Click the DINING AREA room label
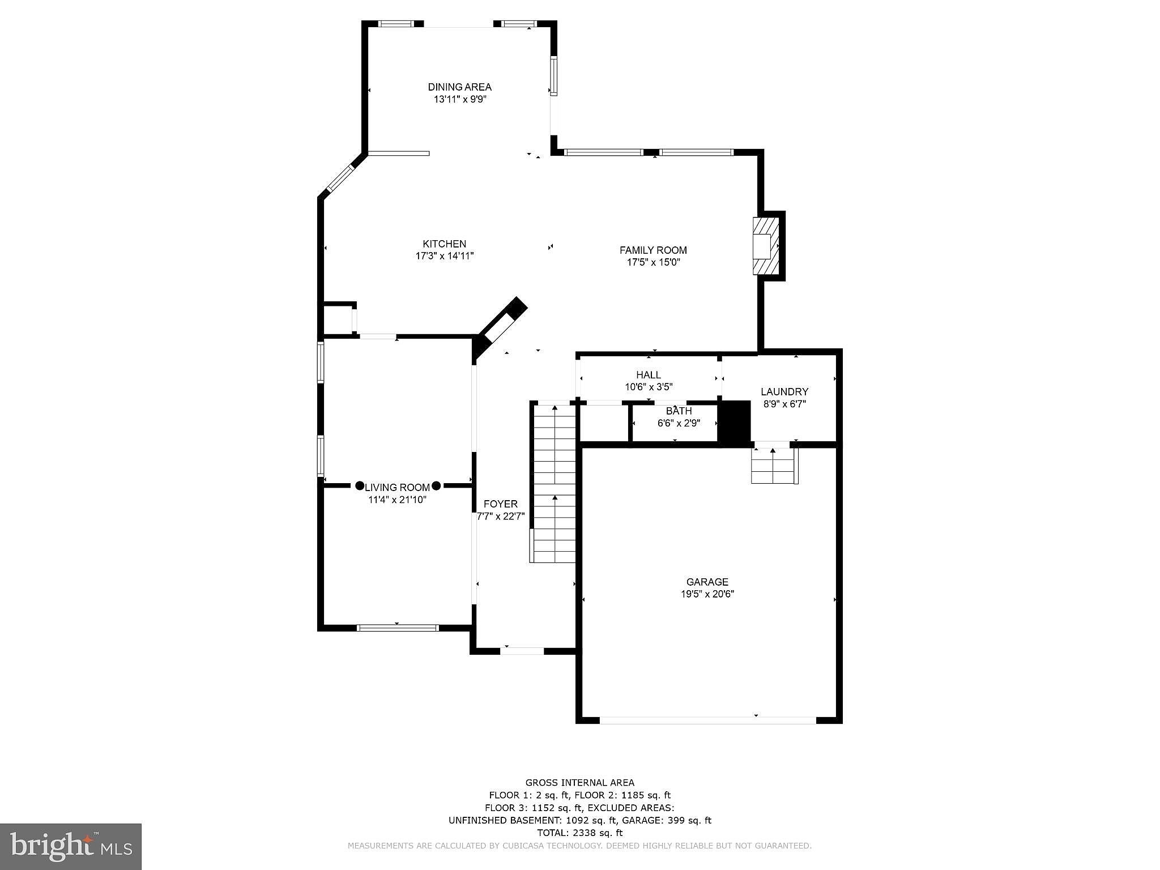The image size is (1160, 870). [459, 87]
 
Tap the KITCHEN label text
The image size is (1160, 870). [445, 244]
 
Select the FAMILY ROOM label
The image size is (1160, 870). [653, 250]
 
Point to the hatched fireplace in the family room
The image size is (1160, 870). [766, 246]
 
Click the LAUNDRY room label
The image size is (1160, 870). [784, 392]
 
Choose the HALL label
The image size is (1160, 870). [649, 375]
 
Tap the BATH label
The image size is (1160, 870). [679, 411]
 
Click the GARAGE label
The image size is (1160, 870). [707, 582]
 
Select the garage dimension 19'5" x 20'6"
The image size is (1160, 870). [707, 594]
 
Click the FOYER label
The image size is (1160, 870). [501, 504]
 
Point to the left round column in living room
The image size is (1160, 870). [360, 486]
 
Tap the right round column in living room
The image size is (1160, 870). [436, 486]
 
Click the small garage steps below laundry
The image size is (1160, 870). [774, 465]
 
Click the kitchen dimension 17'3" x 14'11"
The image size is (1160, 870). [445, 256]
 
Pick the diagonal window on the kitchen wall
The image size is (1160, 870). [340, 178]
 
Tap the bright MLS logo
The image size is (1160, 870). [71, 846]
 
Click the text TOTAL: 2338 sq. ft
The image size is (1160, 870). [579, 833]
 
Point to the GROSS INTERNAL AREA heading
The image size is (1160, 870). [580, 783]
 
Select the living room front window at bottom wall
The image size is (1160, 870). [398, 628]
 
